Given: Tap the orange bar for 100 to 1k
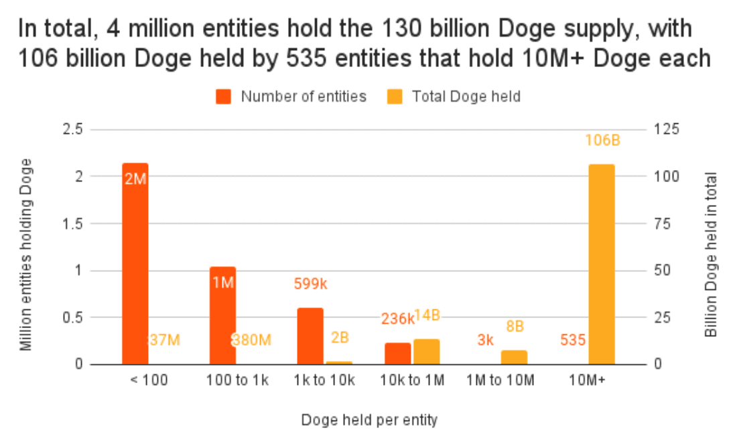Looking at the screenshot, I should click(222, 315).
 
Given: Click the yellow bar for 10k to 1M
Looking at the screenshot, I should click(426, 352).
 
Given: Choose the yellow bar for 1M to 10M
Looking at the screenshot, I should click(514, 357).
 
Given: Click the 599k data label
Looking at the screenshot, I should click(310, 284).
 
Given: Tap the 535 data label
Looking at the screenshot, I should click(573, 340).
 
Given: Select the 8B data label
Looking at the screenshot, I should click(515, 327).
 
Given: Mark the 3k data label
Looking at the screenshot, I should click(486, 340).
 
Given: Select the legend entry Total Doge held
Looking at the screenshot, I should click(466, 96).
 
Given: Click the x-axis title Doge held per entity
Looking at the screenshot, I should click(369, 421).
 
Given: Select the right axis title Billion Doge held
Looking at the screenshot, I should click(711, 255).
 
